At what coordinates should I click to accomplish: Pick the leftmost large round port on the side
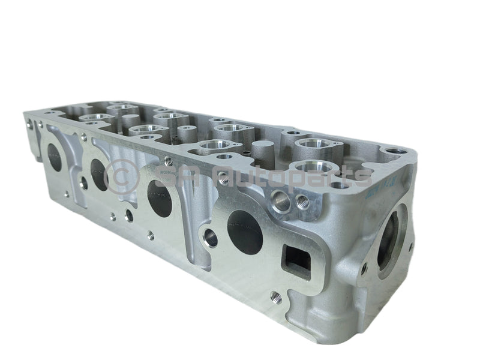(x=55, y=158)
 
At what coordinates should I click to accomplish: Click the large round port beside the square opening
(x=245, y=232)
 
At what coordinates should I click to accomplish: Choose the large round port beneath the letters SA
(x=160, y=199)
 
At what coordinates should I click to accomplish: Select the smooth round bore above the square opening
(x=280, y=200)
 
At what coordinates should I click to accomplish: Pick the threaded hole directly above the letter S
(x=168, y=161)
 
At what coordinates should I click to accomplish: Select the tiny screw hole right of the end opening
(x=412, y=247)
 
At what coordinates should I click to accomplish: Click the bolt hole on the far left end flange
(x=29, y=126)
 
